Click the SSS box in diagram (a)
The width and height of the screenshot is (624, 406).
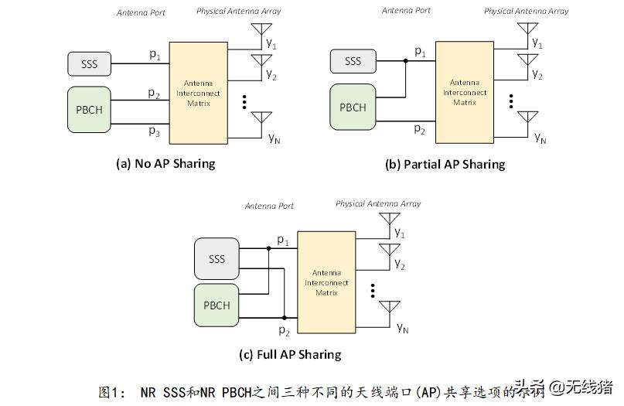click(90, 63)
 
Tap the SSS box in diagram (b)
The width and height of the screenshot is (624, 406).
click(353, 61)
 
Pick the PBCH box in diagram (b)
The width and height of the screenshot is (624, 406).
click(353, 107)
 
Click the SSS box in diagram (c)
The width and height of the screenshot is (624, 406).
click(217, 258)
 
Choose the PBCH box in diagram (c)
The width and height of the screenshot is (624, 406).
click(217, 305)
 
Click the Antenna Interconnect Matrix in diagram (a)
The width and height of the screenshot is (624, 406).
click(201, 93)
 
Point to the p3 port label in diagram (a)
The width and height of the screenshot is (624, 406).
click(155, 131)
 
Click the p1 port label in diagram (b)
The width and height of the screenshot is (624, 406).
click(420, 52)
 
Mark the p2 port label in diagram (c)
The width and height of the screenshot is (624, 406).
click(284, 331)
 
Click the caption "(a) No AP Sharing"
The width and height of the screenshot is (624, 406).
click(165, 163)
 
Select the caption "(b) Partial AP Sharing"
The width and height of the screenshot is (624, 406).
click(445, 164)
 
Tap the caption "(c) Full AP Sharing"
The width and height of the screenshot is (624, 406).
click(290, 355)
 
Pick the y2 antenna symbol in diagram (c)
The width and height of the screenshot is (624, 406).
click(389, 250)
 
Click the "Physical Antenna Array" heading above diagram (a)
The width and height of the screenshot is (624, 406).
click(238, 12)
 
